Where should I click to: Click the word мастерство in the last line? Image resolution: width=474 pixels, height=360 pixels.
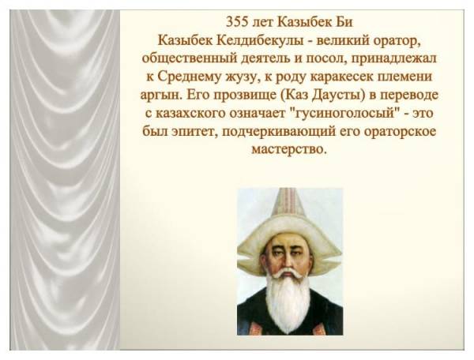(x=288, y=149)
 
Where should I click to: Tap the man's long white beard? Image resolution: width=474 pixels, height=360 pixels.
(x=288, y=302)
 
